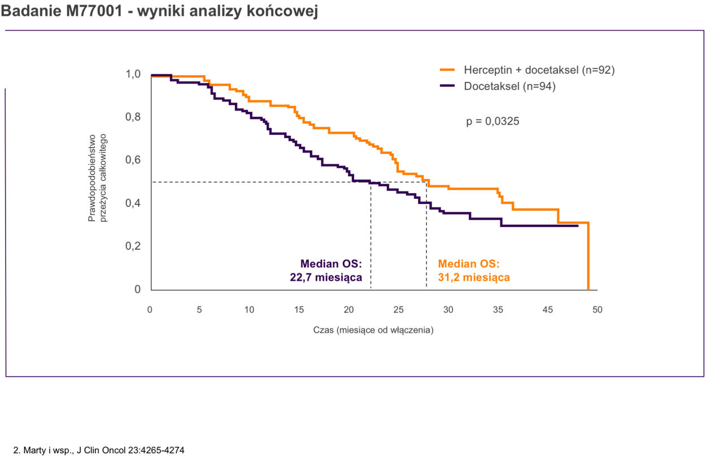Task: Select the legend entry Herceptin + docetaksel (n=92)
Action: pos(539,70)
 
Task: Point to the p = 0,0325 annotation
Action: pos(493,121)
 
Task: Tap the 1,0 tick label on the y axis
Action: pos(133,74)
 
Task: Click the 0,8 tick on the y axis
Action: pos(133,118)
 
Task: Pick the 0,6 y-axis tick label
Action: pos(133,160)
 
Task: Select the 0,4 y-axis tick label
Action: pos(133,203)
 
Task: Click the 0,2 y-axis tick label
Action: pos(133,246)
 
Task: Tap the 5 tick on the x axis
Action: pos(199,310)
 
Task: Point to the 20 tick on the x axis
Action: pos(349,310)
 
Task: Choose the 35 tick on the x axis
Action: pos(498,310)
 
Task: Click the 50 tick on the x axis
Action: pos(598,310)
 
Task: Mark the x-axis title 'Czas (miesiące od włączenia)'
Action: pos(373,330)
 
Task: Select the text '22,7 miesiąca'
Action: pos(325,277)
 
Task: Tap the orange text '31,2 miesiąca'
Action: pos(474,277)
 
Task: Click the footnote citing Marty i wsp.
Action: pos(98,450)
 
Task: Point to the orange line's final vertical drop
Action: pos(589,257)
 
